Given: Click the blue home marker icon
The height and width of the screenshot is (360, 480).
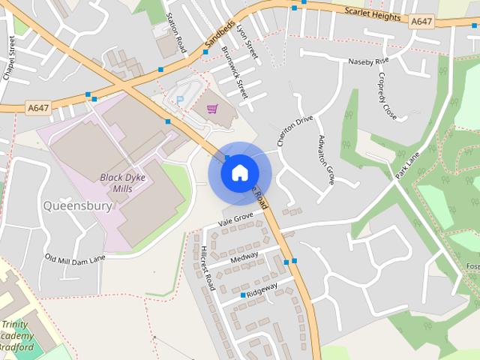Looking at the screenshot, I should click(x=239, y=172).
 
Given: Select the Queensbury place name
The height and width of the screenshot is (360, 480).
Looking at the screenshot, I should click(x=79, y=205).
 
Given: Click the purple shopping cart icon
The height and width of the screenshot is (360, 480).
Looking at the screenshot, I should click(x=213, y=109).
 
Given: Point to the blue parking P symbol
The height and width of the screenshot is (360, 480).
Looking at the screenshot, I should click(x=179, y=99).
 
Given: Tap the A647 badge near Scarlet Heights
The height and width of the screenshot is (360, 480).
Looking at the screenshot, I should click(x=422, y=22).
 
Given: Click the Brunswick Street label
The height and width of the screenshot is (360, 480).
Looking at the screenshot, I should click(x=234, y=73).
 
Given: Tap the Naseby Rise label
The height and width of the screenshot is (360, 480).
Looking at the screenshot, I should click(x=368, y=60).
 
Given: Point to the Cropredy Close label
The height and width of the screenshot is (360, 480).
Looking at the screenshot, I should click(x=387, y=96).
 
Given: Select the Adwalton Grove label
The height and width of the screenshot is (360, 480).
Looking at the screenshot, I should click(x=326, y=159).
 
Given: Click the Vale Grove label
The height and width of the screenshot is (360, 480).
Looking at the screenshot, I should click(x=236, y=219).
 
